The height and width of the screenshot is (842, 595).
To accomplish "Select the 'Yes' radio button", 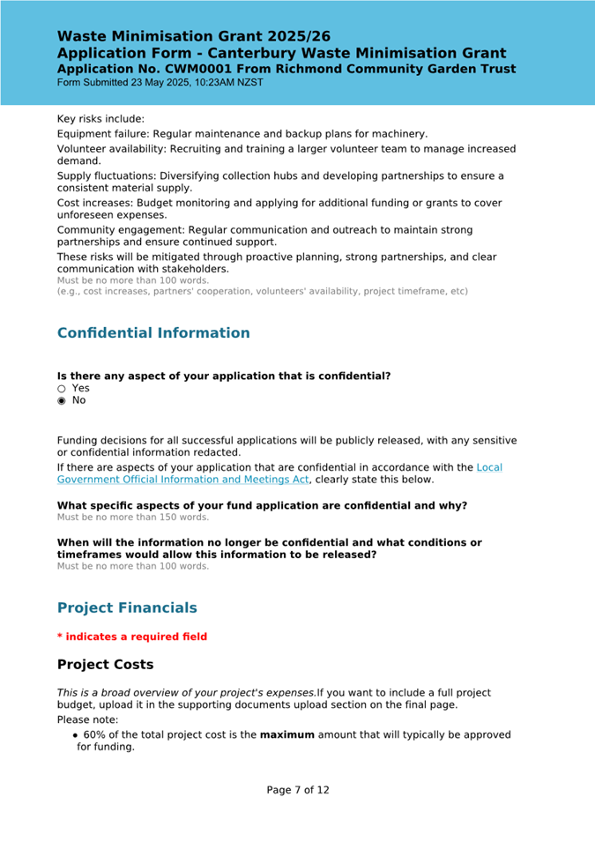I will pos(62,389).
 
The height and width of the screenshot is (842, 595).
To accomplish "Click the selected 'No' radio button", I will pos(62,401).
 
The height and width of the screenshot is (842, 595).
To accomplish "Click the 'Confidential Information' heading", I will pos(153,333).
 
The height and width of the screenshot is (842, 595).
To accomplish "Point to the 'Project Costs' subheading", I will pos(105,665).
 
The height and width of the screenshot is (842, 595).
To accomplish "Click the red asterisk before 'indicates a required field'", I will pos(60,637).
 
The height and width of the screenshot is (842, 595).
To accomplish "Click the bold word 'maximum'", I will pos(286,735).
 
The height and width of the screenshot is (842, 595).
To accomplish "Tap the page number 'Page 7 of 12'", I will pos(298,790).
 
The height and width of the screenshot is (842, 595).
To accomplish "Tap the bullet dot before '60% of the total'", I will pos(76,735).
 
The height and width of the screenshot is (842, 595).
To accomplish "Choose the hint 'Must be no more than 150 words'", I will pos(133,517).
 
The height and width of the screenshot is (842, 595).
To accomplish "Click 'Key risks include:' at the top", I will pos(100,119).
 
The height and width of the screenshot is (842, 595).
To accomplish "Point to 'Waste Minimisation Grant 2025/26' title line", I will pos(194,37).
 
